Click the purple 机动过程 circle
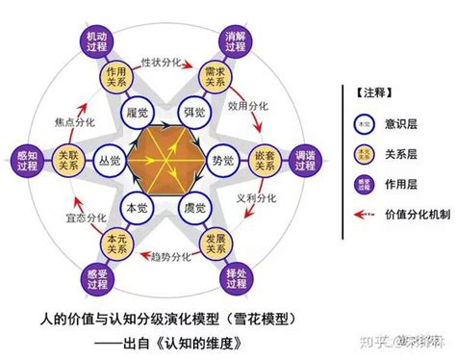97,35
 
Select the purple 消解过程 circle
234,37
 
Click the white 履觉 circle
134,113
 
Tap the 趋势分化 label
165,258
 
